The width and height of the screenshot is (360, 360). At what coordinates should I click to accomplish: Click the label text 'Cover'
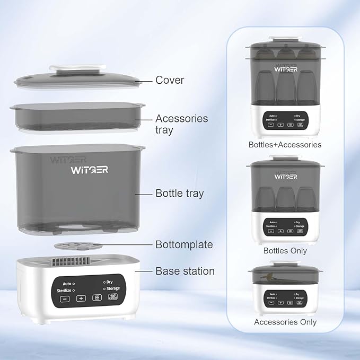pyautogui.click(x=170, y=80)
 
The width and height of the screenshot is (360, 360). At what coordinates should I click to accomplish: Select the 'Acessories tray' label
pyautogui.click(x=181, y=124)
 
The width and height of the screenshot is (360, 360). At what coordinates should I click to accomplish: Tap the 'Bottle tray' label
pyautogui.click(x=179, y=193)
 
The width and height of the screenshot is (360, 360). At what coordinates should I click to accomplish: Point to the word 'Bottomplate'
pyautogui.click(x=184, y=244)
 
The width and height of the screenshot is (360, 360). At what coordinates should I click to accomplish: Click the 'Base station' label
pyautogui.click(x=185, y=271)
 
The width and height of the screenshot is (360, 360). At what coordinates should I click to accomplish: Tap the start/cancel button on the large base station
pyautogui.click(x=112, y=298)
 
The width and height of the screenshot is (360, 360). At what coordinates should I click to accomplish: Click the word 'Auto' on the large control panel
pyautogui.click(x=67, y=284)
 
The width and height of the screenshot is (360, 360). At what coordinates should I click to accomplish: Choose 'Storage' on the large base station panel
pyautogui.click(x=112, y=288)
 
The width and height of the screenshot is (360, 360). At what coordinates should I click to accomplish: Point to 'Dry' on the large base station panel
pyautogui.click(x=109, y=282)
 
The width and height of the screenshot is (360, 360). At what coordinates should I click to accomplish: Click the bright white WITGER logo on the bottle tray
pyautogui.click(x=90, y=170)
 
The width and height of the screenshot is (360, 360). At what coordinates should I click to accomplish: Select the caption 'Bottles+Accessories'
pyautogui.click(x=285, y=144)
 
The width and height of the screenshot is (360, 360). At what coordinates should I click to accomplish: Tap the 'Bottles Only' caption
pyautogui.click(x=285, y=250)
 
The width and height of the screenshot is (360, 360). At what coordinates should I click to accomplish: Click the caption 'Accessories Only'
pyautogui.click(x=285, y=322)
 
